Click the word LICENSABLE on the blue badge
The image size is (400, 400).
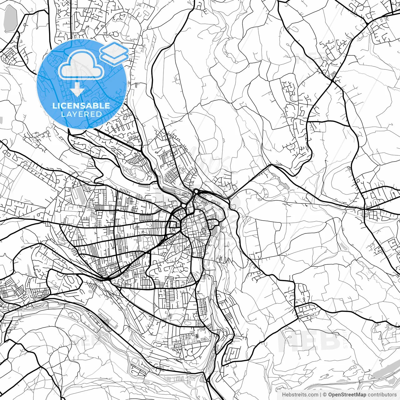[x=81, y=106]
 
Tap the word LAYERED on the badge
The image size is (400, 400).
[x=81, y=114]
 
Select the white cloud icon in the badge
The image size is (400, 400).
[x=81, y=66]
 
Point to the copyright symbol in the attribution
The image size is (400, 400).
[x=325, y=395]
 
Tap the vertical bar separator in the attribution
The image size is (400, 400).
[x=321, y=395]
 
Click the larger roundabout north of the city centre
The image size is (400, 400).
[x=196, y=191]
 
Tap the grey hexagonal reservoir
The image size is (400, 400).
[x=10, y=19]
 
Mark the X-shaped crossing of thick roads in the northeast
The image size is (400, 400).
[x=332, y=80]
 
